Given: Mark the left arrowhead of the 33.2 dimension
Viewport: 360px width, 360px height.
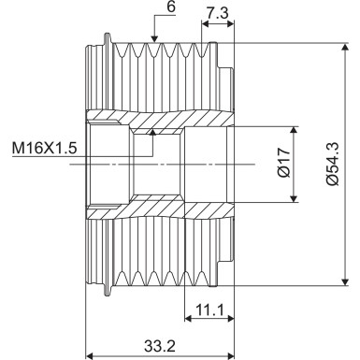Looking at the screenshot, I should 91,355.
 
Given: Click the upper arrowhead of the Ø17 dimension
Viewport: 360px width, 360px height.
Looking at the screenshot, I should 295,127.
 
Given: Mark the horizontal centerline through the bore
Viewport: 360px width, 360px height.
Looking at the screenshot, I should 187,163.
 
